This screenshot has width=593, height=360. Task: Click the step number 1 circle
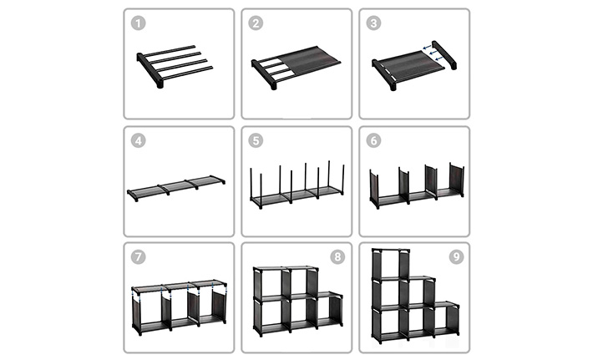click(138, 23)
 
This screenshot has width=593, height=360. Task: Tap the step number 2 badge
click(256, 23)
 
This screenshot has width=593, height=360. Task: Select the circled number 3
click(373, 23)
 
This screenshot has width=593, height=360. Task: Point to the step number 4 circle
click(138, 140)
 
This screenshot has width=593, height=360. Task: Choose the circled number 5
click(256, 140)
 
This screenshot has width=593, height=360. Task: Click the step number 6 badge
click(373, 140)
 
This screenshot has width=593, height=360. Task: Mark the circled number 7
click(138, 257)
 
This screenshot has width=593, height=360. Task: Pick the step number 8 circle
click(337, 257)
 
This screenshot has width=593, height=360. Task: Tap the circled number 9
click(457, 257)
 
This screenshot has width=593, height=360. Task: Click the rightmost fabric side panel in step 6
click(457, 180)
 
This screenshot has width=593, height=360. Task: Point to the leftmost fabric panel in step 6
click(373, 187)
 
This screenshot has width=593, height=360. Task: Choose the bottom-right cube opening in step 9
click(446, 320)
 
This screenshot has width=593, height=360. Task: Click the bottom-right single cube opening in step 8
click(330, 310)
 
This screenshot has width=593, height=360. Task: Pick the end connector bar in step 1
click(150, 71)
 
